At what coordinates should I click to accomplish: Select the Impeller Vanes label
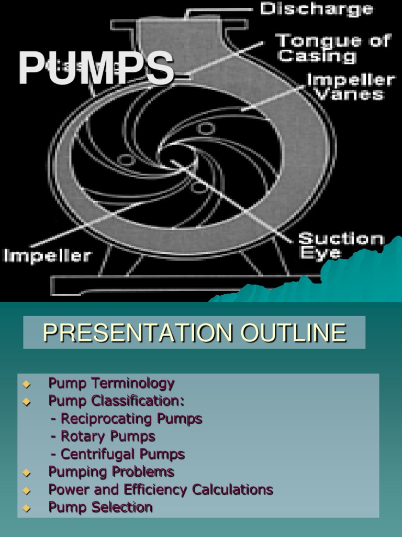click(350, 87)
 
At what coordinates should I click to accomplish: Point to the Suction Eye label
click(341, 245)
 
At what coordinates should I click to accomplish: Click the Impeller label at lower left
click(47, 256)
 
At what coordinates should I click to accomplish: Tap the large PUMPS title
click(96, 68)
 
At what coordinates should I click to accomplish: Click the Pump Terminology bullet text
click(111, 383)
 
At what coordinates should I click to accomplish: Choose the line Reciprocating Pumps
click(126, 418)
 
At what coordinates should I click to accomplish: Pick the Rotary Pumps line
click(103, 436)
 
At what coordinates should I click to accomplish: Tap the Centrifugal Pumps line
click(118, 454)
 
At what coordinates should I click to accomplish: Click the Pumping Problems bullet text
click(111, 471)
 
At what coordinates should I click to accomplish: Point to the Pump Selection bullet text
click(100, 507)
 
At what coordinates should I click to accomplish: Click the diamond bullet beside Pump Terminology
click(27, 384)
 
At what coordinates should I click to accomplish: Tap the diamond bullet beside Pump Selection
click(27, 508)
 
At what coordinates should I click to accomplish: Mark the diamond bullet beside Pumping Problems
click(27, 472)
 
